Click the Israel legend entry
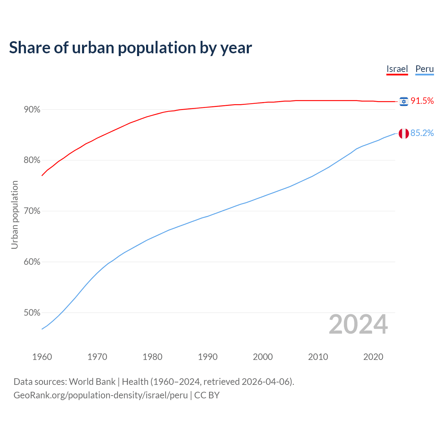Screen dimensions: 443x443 [397, 69]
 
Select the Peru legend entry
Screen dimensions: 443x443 [424, 69]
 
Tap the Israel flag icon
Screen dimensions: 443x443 [404, 101]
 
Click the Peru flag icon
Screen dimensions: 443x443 [404, 133]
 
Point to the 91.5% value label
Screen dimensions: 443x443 [422, 101]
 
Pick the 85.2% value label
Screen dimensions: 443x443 [422, 133]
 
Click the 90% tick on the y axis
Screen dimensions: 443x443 [32, 110]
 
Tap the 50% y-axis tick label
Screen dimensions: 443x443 [32, 313]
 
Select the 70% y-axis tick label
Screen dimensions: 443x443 [32, 211]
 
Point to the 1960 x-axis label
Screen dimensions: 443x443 [42, 357]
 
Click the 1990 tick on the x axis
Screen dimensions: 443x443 [208, 357]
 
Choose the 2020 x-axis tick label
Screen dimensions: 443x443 [373, 357]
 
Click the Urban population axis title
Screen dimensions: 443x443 [15, 215]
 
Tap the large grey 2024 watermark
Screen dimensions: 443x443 [358, 324]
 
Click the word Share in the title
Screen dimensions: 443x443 [29, 47]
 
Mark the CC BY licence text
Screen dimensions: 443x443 [207, 395]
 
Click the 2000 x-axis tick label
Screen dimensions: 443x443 [263, 357]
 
